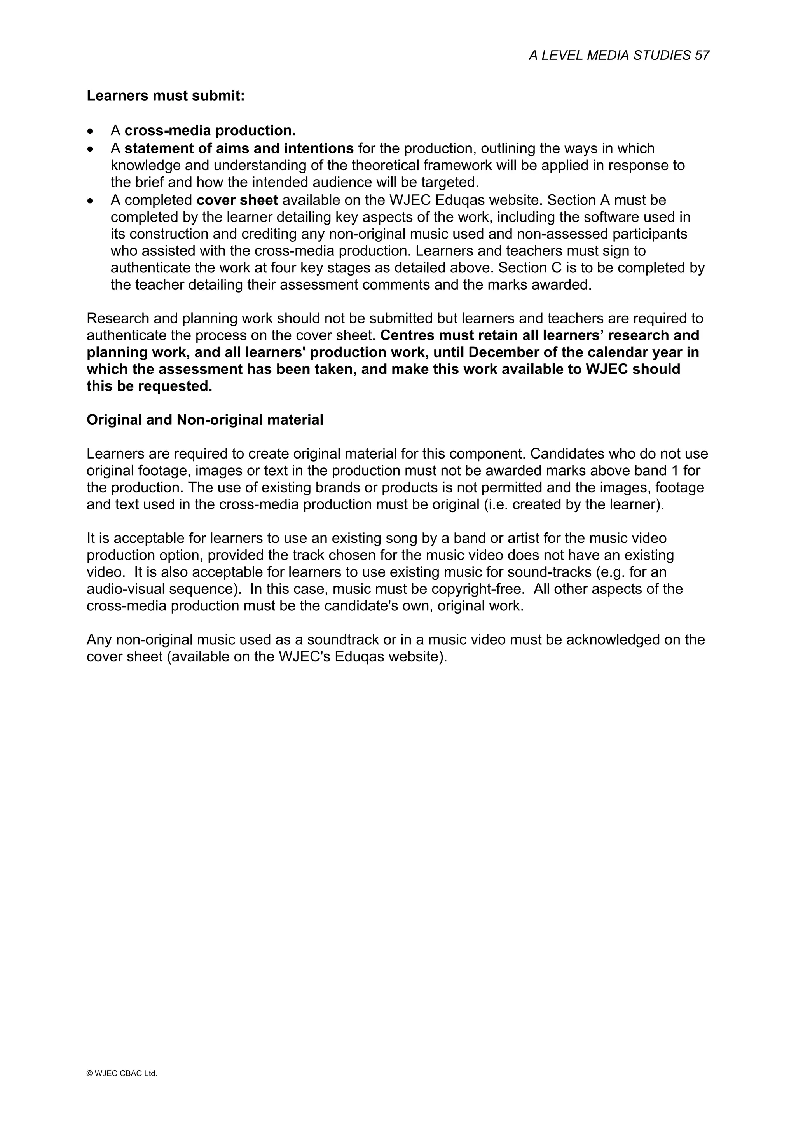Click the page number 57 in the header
coord(702,55)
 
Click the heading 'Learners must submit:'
coord(165,96)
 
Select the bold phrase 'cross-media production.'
coord(210,131)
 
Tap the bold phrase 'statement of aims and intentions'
coord(239,148)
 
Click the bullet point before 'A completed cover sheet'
coord(90,201)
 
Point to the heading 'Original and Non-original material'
coord(205,420)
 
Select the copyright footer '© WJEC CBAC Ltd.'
coord(122,1073)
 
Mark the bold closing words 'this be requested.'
coord(150,386)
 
